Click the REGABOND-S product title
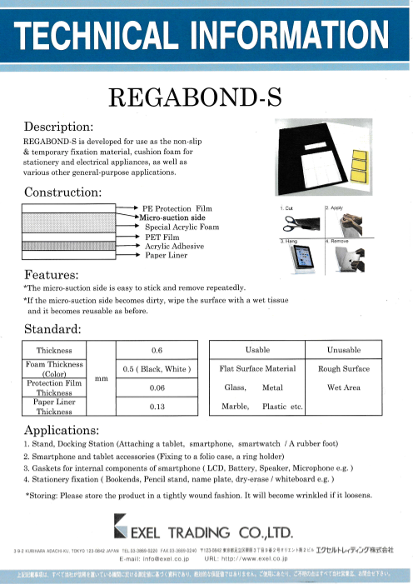point(206,97)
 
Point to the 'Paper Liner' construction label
point(168,255)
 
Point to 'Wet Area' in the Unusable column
point(344,387)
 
